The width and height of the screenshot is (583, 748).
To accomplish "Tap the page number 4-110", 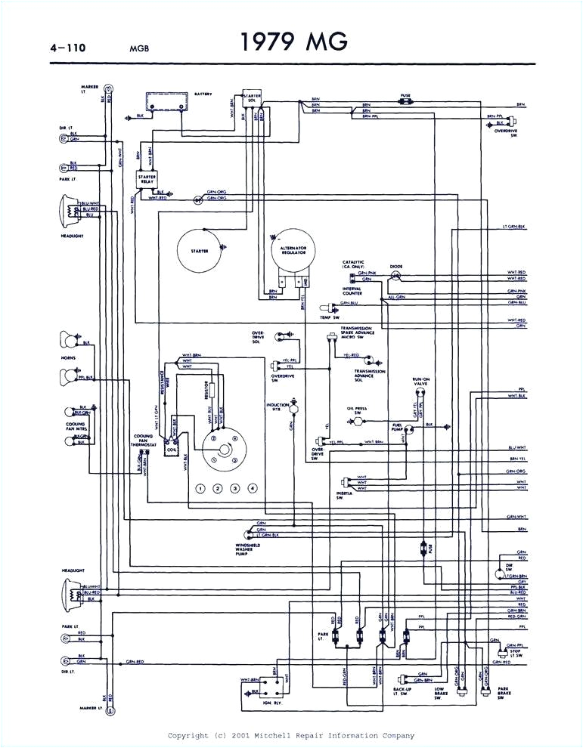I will click(x=67, y=48).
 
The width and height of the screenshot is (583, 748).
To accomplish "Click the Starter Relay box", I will click(x=147, y=178).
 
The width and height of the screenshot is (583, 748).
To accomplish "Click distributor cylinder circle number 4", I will click(x=253, y=488).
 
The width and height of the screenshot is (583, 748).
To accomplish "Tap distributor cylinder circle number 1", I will click(x=201, y=488).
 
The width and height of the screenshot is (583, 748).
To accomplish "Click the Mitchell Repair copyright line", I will click(x=290, y=735).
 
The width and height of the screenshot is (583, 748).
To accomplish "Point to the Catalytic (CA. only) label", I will click(x=354, y=265).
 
